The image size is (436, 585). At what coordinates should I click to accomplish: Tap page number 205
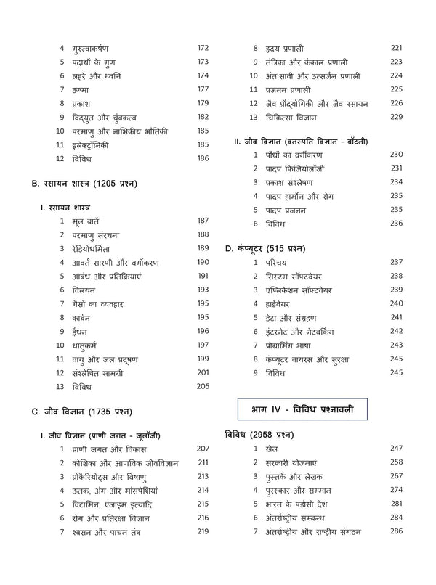pyautogui.click(x=203, y=386)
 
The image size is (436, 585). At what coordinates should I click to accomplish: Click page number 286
pyautogui.click(x=396, y=532)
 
